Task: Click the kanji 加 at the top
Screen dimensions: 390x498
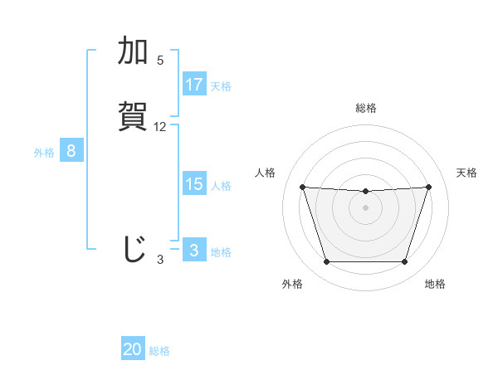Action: (x=133, y=51)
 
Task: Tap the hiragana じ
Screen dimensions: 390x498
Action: (x=133, y=248)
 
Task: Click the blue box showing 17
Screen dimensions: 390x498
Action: (x=194, y=85)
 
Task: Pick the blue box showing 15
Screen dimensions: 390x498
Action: (x=194, y=184)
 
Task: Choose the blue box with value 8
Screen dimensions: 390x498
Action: (x=71, y=151)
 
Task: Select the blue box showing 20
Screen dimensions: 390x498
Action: (x=133, y=349)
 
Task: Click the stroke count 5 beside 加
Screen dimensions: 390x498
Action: (x=160, y=61)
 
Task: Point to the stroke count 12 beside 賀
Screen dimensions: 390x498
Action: (x=160, y=127)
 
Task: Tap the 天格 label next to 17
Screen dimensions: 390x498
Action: (x=221, y=86)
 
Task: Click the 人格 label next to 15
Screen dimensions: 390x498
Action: (x=221, y=186)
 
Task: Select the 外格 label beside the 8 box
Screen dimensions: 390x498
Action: (x=44, y=153)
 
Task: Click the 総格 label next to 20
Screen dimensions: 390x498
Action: (x=159, y=351)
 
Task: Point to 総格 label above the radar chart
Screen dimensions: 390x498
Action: (x=366, y=108)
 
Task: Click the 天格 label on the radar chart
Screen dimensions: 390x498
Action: (x=467, y=173)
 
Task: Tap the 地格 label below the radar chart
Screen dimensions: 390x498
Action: (x=435, y=284)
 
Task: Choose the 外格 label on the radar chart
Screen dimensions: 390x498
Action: (x=292, y=284)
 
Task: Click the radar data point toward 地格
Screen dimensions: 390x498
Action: (x=404, y=262)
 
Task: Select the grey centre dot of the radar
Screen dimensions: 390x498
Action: (x=365, y=207)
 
